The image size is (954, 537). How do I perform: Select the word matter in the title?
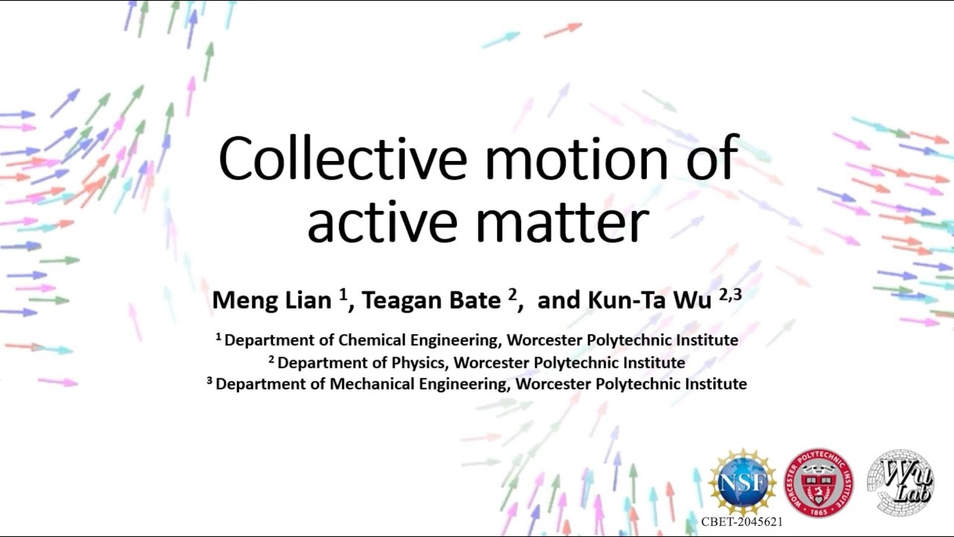point(574,224)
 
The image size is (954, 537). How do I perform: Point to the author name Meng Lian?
point(272,301)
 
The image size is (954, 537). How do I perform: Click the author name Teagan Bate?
point(431,301)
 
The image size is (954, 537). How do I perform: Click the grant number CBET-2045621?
point(742,522)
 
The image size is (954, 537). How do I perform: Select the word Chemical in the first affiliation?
point(377,340)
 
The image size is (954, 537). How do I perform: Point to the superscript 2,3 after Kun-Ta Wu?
point(730,295)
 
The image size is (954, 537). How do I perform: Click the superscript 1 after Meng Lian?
point(344,295)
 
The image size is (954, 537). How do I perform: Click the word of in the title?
point(711,159)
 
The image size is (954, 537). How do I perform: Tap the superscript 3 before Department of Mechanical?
point(210,381)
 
